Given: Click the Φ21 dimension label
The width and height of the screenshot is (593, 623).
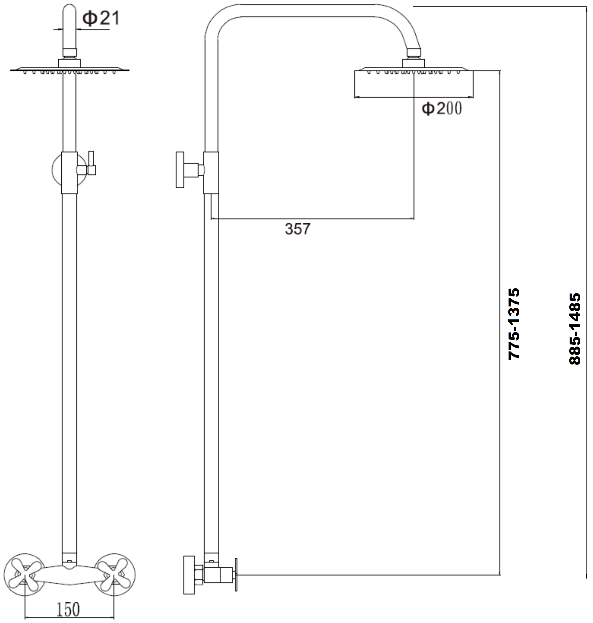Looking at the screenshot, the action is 101,18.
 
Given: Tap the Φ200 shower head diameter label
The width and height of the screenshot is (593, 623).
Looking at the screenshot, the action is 442,108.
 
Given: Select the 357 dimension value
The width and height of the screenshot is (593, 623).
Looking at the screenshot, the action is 297,229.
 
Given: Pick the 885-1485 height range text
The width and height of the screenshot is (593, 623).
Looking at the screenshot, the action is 575,329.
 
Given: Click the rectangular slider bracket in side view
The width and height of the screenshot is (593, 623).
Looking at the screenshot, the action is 211,173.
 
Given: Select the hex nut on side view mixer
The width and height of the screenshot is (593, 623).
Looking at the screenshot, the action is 199,574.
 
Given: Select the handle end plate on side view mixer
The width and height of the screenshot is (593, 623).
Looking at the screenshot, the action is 236,575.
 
